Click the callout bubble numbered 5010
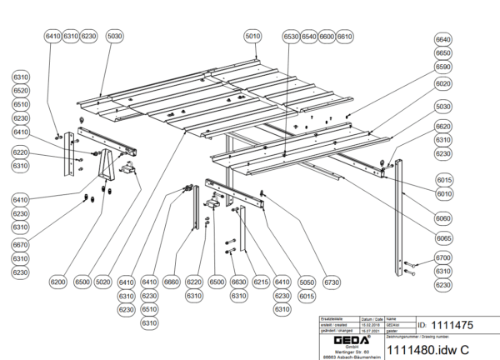click(x=253, y=37)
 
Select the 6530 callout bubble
click(x=291, y=37)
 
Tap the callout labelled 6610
click(x=345, y=37)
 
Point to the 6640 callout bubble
click(x=443, y=40)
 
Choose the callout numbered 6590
click(x=443, y=67)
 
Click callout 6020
click(x=443, y=84)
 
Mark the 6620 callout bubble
click(x=443, y=127)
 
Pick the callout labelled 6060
click(x=443, y=218)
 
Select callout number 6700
click(x=443, y=258)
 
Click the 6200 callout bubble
click(x=57, y=282)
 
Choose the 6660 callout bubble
click(x=172, y=282)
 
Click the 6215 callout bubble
click(x=260, y=282)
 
